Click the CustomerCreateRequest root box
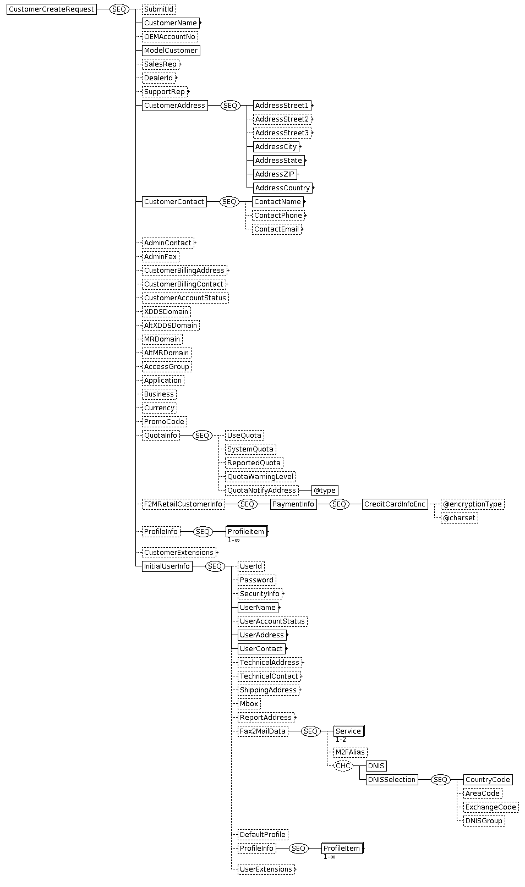[52, 9]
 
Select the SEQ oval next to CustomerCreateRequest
[119, 9]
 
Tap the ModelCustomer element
[171, 50]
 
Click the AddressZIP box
[275, 174]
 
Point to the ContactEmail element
[277, 229]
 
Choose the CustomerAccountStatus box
[185, 298]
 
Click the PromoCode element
[165, 421]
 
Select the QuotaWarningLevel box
[260, 476]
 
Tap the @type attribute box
[325, 490]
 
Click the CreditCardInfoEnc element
[395, 504]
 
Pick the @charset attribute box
[459, 517]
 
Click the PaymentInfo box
[293, 504]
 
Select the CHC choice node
[343, 766]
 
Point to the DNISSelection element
[392, 780]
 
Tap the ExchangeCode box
[491, 807]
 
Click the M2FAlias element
[350, 752]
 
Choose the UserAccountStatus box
[272, 621]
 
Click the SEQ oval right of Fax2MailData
[310, 731]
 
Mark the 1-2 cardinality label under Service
[341, 740]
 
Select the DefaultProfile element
[262, 834]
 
